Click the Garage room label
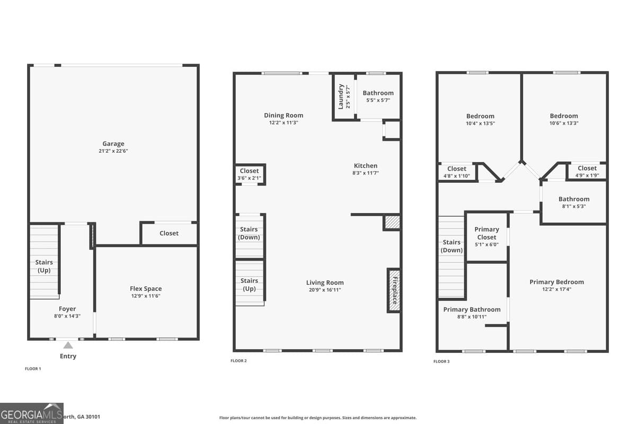113,144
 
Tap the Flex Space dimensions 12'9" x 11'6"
145,296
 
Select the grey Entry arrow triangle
68,345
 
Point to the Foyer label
67,309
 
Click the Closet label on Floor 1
169,233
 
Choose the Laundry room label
341,96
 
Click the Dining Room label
284,116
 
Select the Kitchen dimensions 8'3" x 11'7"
366,173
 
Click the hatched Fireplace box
394,290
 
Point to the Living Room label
325,282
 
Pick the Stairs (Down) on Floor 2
249,233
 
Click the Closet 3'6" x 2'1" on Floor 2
249,174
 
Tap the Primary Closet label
487,233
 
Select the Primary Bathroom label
472,310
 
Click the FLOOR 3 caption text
441,361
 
